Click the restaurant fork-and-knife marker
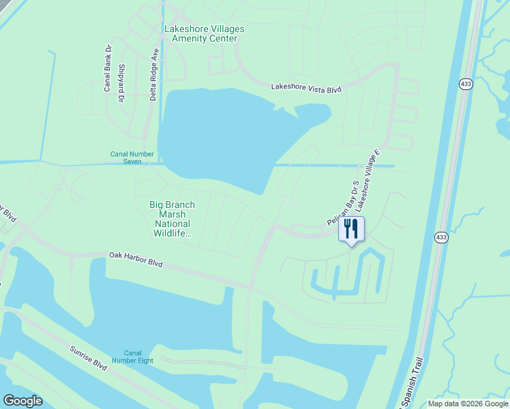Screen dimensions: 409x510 (352, 229)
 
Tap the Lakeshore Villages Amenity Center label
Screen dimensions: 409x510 (204, 33)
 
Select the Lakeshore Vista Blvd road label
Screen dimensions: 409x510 (305, 87)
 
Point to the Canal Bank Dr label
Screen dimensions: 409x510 (108, 68)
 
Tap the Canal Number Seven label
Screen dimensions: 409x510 (126, 157)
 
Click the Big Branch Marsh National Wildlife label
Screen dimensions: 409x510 (172, 219)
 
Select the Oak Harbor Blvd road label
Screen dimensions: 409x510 (136, 259)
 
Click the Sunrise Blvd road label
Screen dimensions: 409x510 (89, 357)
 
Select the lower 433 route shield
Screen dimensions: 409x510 (441, 237)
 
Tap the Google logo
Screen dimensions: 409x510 (22, 401)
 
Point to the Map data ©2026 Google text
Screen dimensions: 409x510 (468, 404)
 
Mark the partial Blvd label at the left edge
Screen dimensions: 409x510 (7, 212)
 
